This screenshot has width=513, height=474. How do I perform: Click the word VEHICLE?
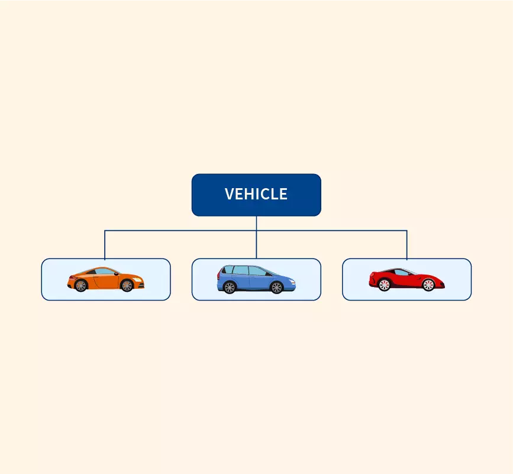tap(256, 194)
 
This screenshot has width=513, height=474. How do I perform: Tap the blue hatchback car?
tap(256, 279)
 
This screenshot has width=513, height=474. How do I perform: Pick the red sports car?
tap(407, 279)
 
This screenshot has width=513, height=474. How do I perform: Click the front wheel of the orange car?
tap(127, 286)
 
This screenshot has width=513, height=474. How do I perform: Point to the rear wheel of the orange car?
tap(81, 286)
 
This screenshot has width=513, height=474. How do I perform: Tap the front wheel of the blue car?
tap(276, 288)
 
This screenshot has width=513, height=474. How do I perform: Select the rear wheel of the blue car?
tap(230, 288)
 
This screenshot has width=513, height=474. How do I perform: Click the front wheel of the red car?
tap(428, 285)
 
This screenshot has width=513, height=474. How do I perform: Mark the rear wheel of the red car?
tap(384, 285)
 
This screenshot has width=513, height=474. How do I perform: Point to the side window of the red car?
tap(404, 272)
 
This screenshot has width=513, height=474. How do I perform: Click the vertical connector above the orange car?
tap(105, 244)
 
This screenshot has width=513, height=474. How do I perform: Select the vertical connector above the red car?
tap(407, 244)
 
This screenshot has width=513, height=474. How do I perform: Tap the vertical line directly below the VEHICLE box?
tap(256, 223)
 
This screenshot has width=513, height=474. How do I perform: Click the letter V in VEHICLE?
tap(229, 194)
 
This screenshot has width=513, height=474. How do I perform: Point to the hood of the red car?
tap(429, 276)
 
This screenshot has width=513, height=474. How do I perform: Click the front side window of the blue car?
tap(258, 271)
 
